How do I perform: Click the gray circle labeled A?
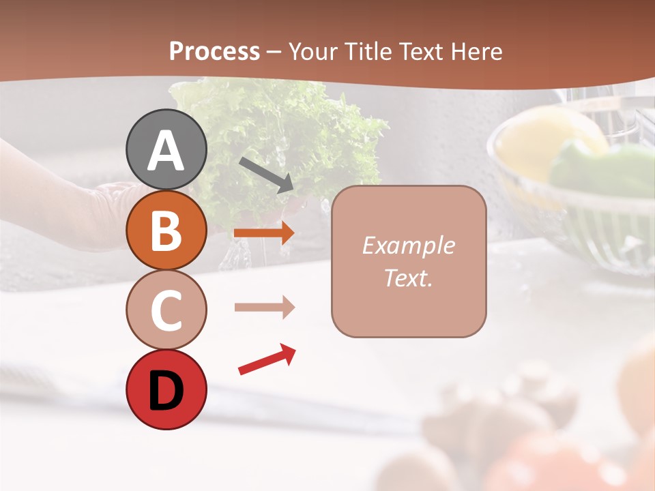tap(166, 149)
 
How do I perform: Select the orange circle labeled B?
tap(166, 230)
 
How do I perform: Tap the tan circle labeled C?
tap(166, 310)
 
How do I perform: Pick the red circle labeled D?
tap(166, 389)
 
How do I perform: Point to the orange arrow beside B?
tap(264, 233)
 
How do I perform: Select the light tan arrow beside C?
tap(264, 308)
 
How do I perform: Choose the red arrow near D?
tap(267, 359)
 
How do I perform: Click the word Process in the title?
tap(214, 51)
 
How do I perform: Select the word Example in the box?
tap(408, 245)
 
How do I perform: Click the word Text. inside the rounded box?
tap(408, 278)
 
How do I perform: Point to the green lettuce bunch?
tap(273, 136)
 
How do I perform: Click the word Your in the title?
tap(312, 51)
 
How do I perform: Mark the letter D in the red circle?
tap(166, 390)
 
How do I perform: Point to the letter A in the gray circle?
tap(166, 150)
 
